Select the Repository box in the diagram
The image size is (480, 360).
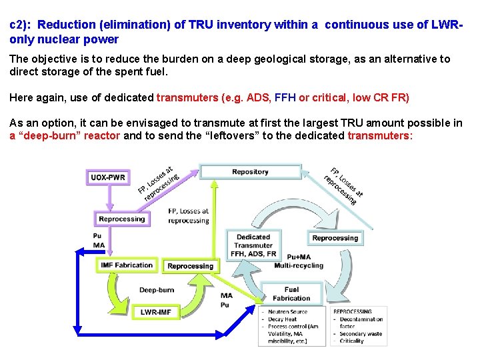[250, 172]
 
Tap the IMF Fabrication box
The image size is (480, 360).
[126, 265]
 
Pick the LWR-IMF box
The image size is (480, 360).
[155, 311]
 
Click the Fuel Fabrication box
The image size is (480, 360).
[291, 294]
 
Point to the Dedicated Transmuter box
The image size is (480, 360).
[253, 245]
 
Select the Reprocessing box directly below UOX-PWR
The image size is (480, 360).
[121, 219]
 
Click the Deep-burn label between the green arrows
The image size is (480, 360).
[157, 290]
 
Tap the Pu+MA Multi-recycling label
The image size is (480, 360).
[299, 261]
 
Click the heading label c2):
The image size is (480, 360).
[21, 25]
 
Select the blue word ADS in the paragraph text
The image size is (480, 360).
[258, 97]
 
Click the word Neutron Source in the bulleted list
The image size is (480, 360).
[287, 312]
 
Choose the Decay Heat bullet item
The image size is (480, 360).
[283, 319]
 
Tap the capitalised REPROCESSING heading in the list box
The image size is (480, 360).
[353, 311]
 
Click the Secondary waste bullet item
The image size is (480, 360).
[360, 333]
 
